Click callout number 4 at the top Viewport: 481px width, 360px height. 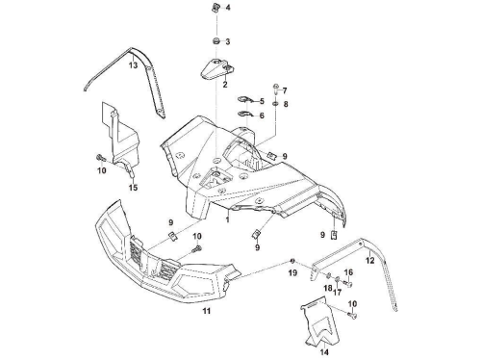coord(228,8)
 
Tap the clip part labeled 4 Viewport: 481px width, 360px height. coord(216,8)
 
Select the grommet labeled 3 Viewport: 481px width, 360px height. coord(216,41)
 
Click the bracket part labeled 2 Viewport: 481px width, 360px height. coord(217,68)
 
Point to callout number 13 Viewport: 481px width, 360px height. coord(134,65)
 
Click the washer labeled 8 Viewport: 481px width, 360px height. coord(275,104)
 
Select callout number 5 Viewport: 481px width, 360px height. coord(262,101)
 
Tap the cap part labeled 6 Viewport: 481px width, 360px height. coord(245,115)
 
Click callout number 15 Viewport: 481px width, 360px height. coord(133,187)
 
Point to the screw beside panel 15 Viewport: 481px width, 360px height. coord(100,158)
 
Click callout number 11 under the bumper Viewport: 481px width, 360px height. coord(207,311)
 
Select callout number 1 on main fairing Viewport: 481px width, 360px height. coord(227,219)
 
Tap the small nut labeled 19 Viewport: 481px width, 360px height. coord(292,260)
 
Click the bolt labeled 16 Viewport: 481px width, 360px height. coord(348,284)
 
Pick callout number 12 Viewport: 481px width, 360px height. coord(370,260)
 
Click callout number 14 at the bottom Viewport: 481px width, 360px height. coord(324,352)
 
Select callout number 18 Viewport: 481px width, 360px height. coord(328,288)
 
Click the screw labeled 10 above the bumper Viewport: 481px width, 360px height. coord(196,248)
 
